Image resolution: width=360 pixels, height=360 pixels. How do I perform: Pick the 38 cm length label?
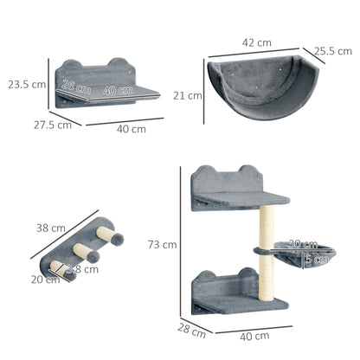(51, 228)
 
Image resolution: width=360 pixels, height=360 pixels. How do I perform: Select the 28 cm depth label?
(192, 330)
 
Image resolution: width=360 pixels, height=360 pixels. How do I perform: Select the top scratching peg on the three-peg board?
(112, 236)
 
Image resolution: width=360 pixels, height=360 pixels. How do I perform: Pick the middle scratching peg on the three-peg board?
(87, 252)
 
